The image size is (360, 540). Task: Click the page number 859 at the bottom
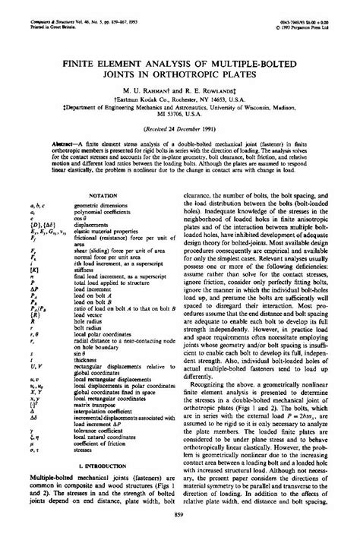click(x=180, y=516)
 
